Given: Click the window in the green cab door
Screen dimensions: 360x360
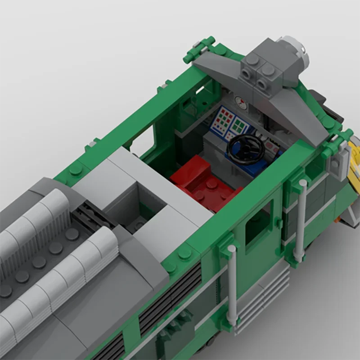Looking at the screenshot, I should pos(258,220).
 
